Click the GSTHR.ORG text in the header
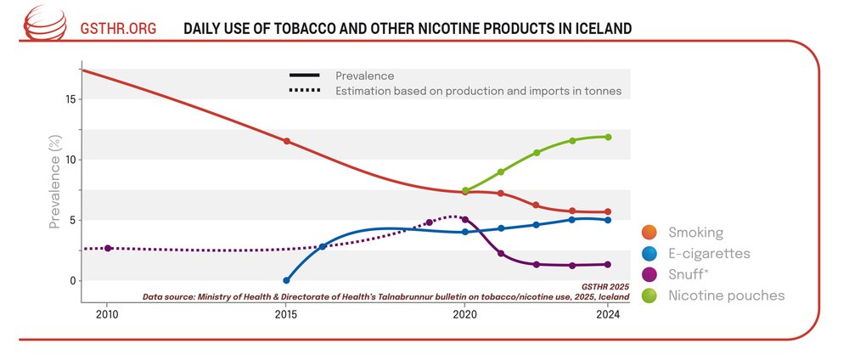118,28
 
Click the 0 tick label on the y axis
72,281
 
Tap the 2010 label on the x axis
107,314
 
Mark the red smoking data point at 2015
287,141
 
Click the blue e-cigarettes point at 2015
286,280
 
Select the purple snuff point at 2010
108,248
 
